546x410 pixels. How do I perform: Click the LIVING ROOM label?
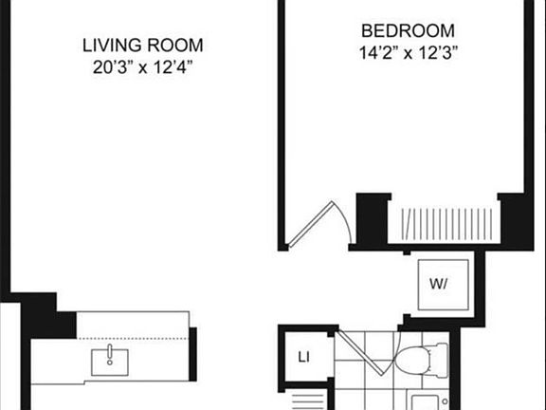tap(142, 45)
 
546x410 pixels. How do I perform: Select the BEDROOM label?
tap(409, 30)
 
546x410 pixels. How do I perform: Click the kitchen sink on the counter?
tap(111, 361)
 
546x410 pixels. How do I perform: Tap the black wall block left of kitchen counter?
tap(49, 316)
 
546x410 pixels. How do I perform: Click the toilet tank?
tap(438, 359)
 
